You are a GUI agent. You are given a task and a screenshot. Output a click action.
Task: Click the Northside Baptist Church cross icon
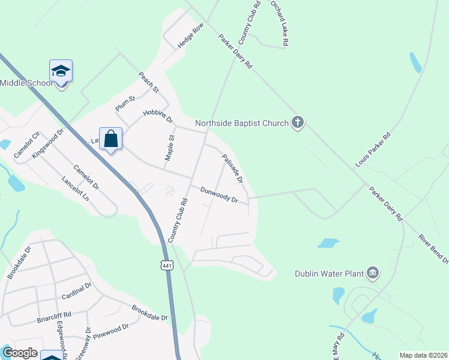(297, 123)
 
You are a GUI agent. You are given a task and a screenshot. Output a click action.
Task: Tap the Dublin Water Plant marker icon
(373, 274)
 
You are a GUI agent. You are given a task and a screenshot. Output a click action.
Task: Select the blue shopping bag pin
(111, 139)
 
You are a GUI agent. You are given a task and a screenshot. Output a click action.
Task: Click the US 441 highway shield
(167, 265)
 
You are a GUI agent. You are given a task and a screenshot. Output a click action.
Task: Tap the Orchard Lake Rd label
(280, 23)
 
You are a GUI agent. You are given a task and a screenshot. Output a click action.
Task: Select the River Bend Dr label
(433, 247)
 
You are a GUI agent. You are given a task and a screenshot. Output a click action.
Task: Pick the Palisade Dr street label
(232, 168)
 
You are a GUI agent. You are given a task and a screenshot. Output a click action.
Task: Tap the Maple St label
(169, 148)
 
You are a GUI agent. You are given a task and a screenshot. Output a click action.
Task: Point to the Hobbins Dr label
(158, 116)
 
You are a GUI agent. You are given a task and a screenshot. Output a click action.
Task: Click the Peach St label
(148, 82)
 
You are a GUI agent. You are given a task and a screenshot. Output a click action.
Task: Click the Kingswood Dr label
(48, 143)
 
